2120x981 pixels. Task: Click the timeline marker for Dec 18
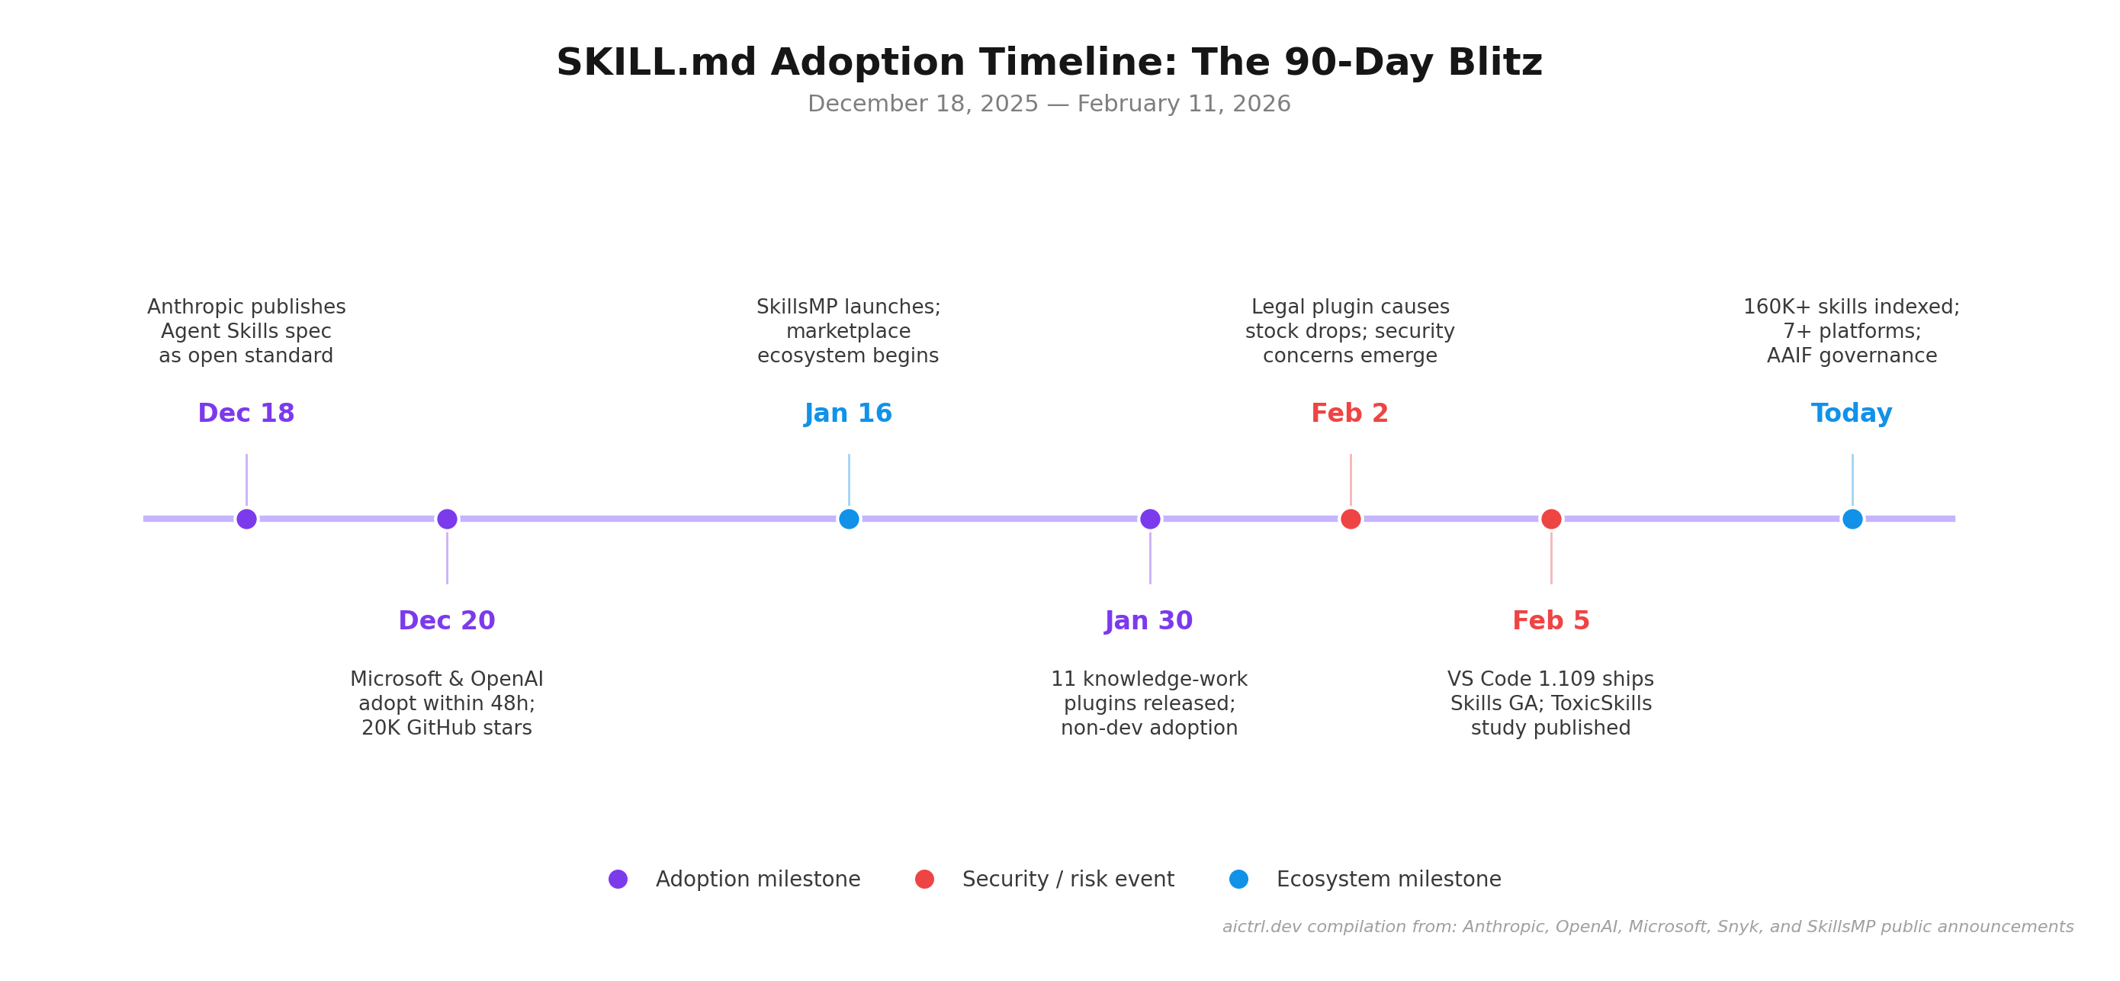tap(246, 519)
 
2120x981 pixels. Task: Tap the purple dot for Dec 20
tap(447, 519)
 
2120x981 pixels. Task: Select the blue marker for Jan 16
tap(849, 519)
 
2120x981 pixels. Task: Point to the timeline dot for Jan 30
tap(1150, 519)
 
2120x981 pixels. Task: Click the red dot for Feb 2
tap(1351, 519)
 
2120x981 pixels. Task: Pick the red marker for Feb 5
tap(1551, 519)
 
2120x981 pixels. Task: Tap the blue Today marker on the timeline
tap(1852, 519)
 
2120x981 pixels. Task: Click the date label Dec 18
tap(246, 413)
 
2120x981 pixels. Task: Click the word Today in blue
tap(1852, 413)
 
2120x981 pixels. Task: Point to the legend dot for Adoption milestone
tap(618, 879)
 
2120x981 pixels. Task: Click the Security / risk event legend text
tap(1068, 879)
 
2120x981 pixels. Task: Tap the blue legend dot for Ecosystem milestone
tap(1238, 879)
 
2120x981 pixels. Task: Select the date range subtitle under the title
tap(1049, 105)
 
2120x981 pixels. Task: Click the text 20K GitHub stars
tap(447, 729)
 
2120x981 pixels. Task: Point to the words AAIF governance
tap(1852, 356)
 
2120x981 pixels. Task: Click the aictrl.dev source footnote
tap(1648, 927)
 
